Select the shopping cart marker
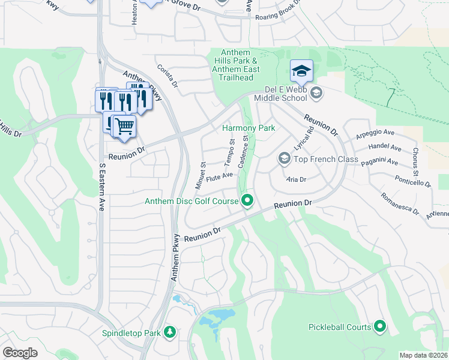tap(124, 127)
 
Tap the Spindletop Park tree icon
tap(170, 332)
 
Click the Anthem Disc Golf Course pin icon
tap(247, 201)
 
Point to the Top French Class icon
tap(284, 158)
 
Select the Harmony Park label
tap(248, 128)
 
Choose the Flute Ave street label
tap(219, 177)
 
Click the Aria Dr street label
tap(297, 179)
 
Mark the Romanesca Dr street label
tap(400, 202)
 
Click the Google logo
tap(20, 353)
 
